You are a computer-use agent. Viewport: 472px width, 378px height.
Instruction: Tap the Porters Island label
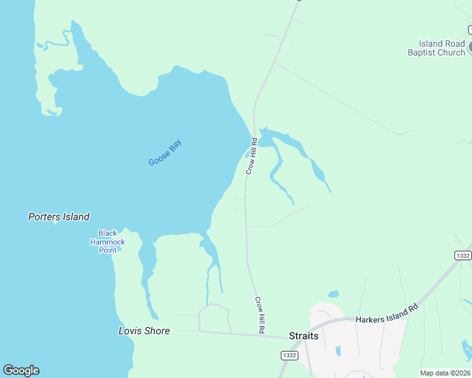59,217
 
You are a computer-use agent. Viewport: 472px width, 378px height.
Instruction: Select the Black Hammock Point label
107,241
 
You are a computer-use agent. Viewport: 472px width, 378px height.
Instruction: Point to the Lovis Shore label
145,331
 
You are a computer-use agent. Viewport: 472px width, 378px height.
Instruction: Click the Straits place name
304,336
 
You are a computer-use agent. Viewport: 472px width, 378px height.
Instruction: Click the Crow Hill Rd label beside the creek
251,156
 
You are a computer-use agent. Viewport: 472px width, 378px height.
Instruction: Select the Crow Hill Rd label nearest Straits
259,315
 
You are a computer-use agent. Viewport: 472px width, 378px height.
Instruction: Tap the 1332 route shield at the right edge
463,255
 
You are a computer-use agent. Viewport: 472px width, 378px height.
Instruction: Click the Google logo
21,370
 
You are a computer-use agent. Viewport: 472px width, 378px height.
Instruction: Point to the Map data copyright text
445,373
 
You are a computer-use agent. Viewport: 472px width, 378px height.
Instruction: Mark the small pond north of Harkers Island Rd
333,294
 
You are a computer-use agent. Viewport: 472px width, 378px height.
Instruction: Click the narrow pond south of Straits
338,351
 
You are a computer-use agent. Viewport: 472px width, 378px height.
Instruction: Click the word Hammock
107,242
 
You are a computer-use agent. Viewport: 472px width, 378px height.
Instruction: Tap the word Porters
44,217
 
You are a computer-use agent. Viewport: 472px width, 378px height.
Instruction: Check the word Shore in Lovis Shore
156,331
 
